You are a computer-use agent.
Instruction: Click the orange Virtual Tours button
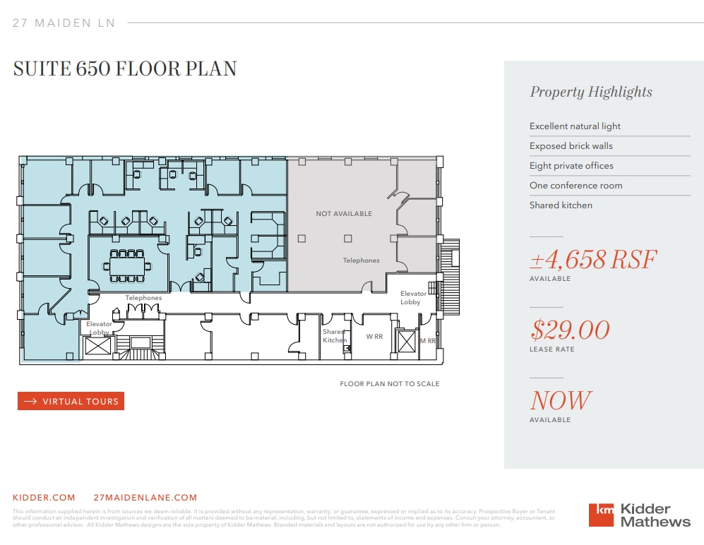click(71, 401)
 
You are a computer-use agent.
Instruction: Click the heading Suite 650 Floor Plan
click(125, 68)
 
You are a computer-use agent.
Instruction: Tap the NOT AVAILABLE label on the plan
click(344, 213)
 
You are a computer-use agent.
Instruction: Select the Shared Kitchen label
click(334, 335)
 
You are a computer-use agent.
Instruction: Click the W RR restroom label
click(374, 337)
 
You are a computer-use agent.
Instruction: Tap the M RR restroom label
click(428, 340)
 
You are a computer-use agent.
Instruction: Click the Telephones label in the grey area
click(361, 260)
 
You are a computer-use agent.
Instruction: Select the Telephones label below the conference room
click(143, 298)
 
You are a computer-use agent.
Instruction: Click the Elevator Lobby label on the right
click(413, 297)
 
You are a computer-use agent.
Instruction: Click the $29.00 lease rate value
click(570, 330)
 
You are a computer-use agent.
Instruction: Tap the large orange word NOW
click(560, 400)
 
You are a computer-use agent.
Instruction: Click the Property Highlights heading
click(591, 92)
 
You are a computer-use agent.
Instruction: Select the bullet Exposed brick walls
click(571, 145)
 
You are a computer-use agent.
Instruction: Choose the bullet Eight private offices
click(571, 165)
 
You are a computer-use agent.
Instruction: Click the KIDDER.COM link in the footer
click(44, 497)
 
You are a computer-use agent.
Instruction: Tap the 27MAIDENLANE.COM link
click(145, 497)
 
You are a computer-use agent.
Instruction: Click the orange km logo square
click(601, 514)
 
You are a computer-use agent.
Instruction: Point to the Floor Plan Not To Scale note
click(389, 384)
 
